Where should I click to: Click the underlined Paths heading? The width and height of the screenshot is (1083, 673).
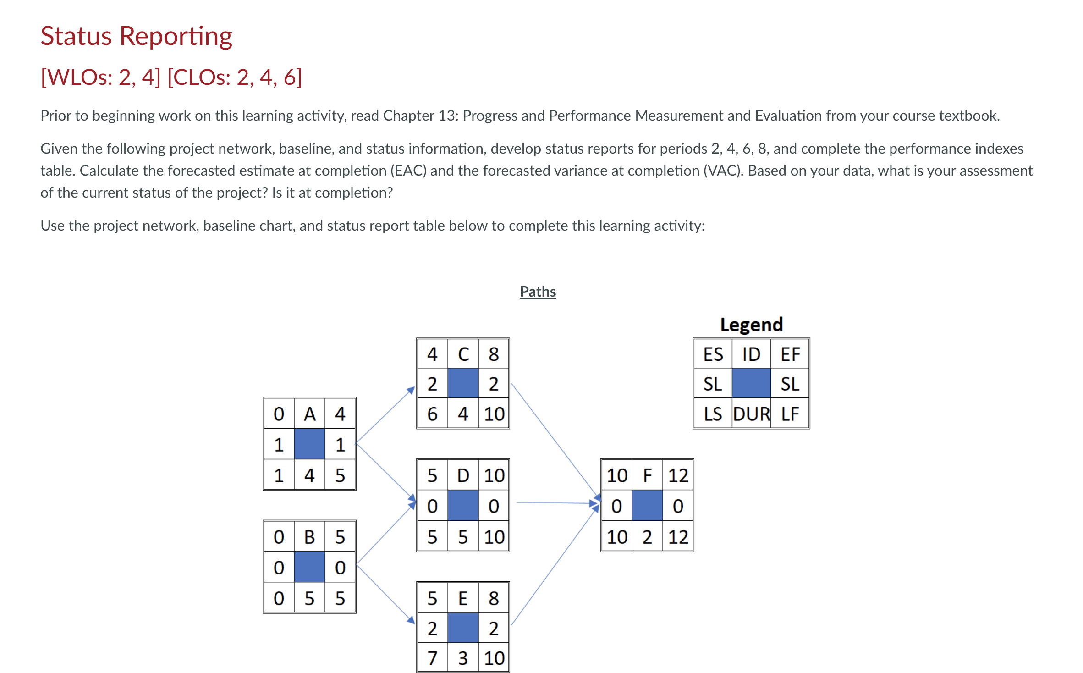[538, 292]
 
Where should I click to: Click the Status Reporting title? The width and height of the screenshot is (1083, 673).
[136, 36]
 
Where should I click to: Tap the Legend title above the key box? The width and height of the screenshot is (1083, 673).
[751, 325]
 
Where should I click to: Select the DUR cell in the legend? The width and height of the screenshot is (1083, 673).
[751, 414]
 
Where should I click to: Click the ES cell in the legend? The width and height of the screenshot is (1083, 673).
[713, 354]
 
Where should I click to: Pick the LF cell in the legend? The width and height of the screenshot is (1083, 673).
[790, 414]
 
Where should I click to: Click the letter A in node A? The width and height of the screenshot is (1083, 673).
[309, 414]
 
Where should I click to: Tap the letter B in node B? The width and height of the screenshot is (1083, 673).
[309, 537]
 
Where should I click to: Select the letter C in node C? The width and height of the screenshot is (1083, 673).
[463, 354]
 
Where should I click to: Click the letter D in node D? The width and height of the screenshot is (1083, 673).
[463, 475]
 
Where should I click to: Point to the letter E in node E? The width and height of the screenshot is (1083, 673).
[463, 598]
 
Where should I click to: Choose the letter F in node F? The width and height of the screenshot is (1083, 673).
[647, 475]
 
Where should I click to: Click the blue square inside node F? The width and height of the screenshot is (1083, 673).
[647, 505]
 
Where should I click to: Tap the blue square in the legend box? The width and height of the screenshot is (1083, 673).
[751, 383]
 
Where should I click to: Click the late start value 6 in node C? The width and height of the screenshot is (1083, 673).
[432, 414]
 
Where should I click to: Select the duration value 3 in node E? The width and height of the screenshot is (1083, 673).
[463, 658]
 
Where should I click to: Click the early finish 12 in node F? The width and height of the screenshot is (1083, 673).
[678, 475]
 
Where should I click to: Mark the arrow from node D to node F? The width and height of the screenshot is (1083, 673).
[557, 503]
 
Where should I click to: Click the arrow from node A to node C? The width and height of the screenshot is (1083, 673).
[385, 415]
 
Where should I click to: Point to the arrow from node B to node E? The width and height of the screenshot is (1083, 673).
[385, 594]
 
